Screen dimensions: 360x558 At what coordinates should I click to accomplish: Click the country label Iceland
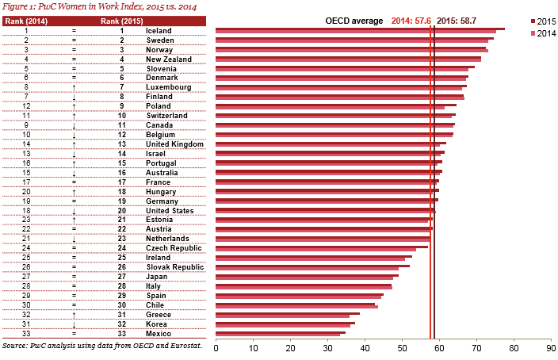tap(159, 30)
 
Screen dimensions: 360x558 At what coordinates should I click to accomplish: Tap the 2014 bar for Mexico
tap(277, 335)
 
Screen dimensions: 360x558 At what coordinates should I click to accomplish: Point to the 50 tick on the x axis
tap(402, 347)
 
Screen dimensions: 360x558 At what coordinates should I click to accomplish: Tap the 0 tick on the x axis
tap(216, 347)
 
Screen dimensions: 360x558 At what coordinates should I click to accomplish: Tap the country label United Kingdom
tap(175, 144)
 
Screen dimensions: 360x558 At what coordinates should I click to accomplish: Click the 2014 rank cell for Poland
tap(27, 105)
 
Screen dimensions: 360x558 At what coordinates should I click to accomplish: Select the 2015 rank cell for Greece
tap(121, 314)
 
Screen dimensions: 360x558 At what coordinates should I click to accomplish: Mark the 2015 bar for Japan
tap(308, 274)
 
